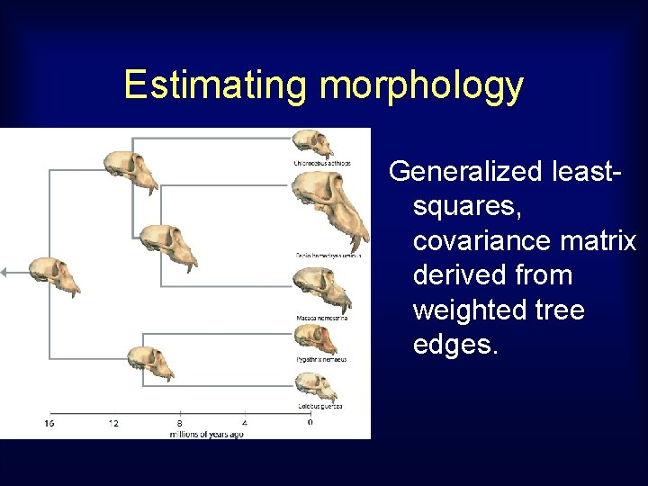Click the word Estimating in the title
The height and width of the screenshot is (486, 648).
coord(217,85)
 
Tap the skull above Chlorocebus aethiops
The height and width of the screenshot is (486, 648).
coord(312,143)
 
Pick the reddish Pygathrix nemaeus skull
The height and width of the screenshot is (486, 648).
coord(316,338)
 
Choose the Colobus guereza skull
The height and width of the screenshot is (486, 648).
coord(316,384)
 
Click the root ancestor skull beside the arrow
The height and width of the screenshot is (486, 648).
coord(53,274)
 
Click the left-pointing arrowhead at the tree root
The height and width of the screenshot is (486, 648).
coord(4,271)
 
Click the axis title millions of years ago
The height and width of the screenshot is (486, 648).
coord(206,434)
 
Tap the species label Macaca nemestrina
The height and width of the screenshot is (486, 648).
coord(321,318)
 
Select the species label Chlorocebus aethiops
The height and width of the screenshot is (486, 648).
coord(320,163)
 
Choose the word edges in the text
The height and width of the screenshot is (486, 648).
coord(454,346)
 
